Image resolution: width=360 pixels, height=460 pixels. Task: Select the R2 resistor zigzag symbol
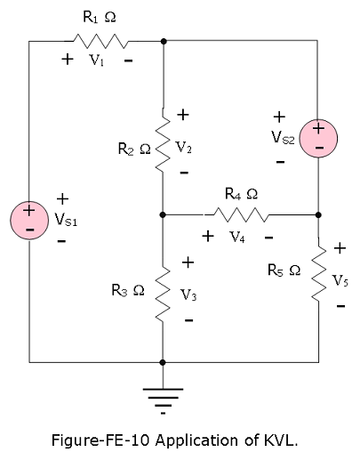pos(163,140)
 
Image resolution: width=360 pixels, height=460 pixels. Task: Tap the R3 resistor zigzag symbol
pos(163,294)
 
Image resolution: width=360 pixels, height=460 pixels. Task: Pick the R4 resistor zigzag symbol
pos(241,214)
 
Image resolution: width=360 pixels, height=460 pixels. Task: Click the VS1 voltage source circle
pos(29,220)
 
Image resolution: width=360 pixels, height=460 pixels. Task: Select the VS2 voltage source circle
pos(318,138)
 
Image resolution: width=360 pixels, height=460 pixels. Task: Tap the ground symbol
pos(163,401)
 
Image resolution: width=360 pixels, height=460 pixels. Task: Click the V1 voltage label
pos(97,61)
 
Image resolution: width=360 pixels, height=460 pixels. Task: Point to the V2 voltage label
pos(184,148)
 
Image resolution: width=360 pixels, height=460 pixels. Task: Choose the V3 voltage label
pos(188,295)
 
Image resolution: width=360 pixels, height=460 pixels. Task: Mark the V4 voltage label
pos(237,237)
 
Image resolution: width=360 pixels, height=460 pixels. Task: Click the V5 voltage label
pos(340,280)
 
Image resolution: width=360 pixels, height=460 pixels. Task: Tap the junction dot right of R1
pos(163,41)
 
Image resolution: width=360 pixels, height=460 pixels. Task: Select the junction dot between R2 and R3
pos(163,214)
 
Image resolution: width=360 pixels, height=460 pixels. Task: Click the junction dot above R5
pos(318,214)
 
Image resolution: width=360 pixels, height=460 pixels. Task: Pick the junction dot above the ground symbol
pos(163,362)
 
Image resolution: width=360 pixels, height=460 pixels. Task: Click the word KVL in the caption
pos(279,440)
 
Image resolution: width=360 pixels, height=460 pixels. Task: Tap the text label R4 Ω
pos(241,194)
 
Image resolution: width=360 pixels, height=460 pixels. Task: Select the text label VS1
pos(66,220)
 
